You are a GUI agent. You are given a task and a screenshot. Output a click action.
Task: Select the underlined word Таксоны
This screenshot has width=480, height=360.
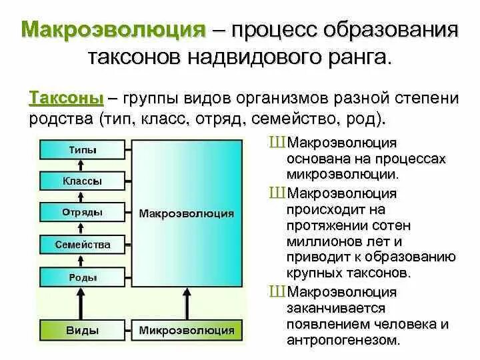coord(66,99)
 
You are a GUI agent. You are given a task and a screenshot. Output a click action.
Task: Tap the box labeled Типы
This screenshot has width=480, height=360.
coord(83,150)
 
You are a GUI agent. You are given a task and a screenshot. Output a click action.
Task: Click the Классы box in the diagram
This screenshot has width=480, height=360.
coord(83,181)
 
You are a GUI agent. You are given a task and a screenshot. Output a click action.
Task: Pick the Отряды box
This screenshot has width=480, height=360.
coord(83,212)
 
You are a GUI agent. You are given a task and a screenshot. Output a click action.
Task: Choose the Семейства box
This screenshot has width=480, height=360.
coord(83,245)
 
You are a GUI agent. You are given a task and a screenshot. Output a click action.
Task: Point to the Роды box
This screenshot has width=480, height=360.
coord(83,277)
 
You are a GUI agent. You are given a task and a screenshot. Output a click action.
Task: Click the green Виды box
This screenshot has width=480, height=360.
coord(83,330)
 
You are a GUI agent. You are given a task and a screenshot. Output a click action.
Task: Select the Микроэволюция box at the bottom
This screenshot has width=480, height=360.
coord(187,330)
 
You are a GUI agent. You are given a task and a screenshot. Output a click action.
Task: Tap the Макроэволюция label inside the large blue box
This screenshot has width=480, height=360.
coord(187,213)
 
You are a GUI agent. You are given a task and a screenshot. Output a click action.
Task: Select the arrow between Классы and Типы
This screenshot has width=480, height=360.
coord(83,165)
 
